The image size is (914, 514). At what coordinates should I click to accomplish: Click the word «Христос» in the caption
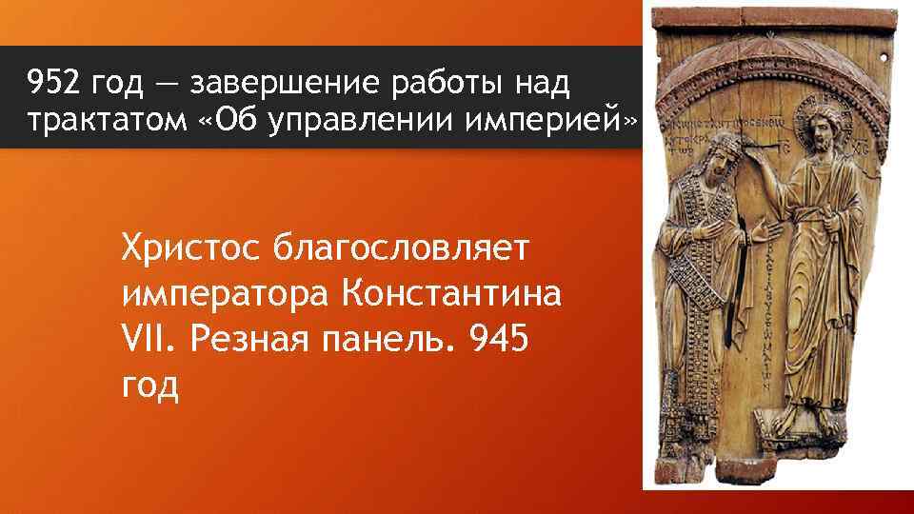pos(190,250)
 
